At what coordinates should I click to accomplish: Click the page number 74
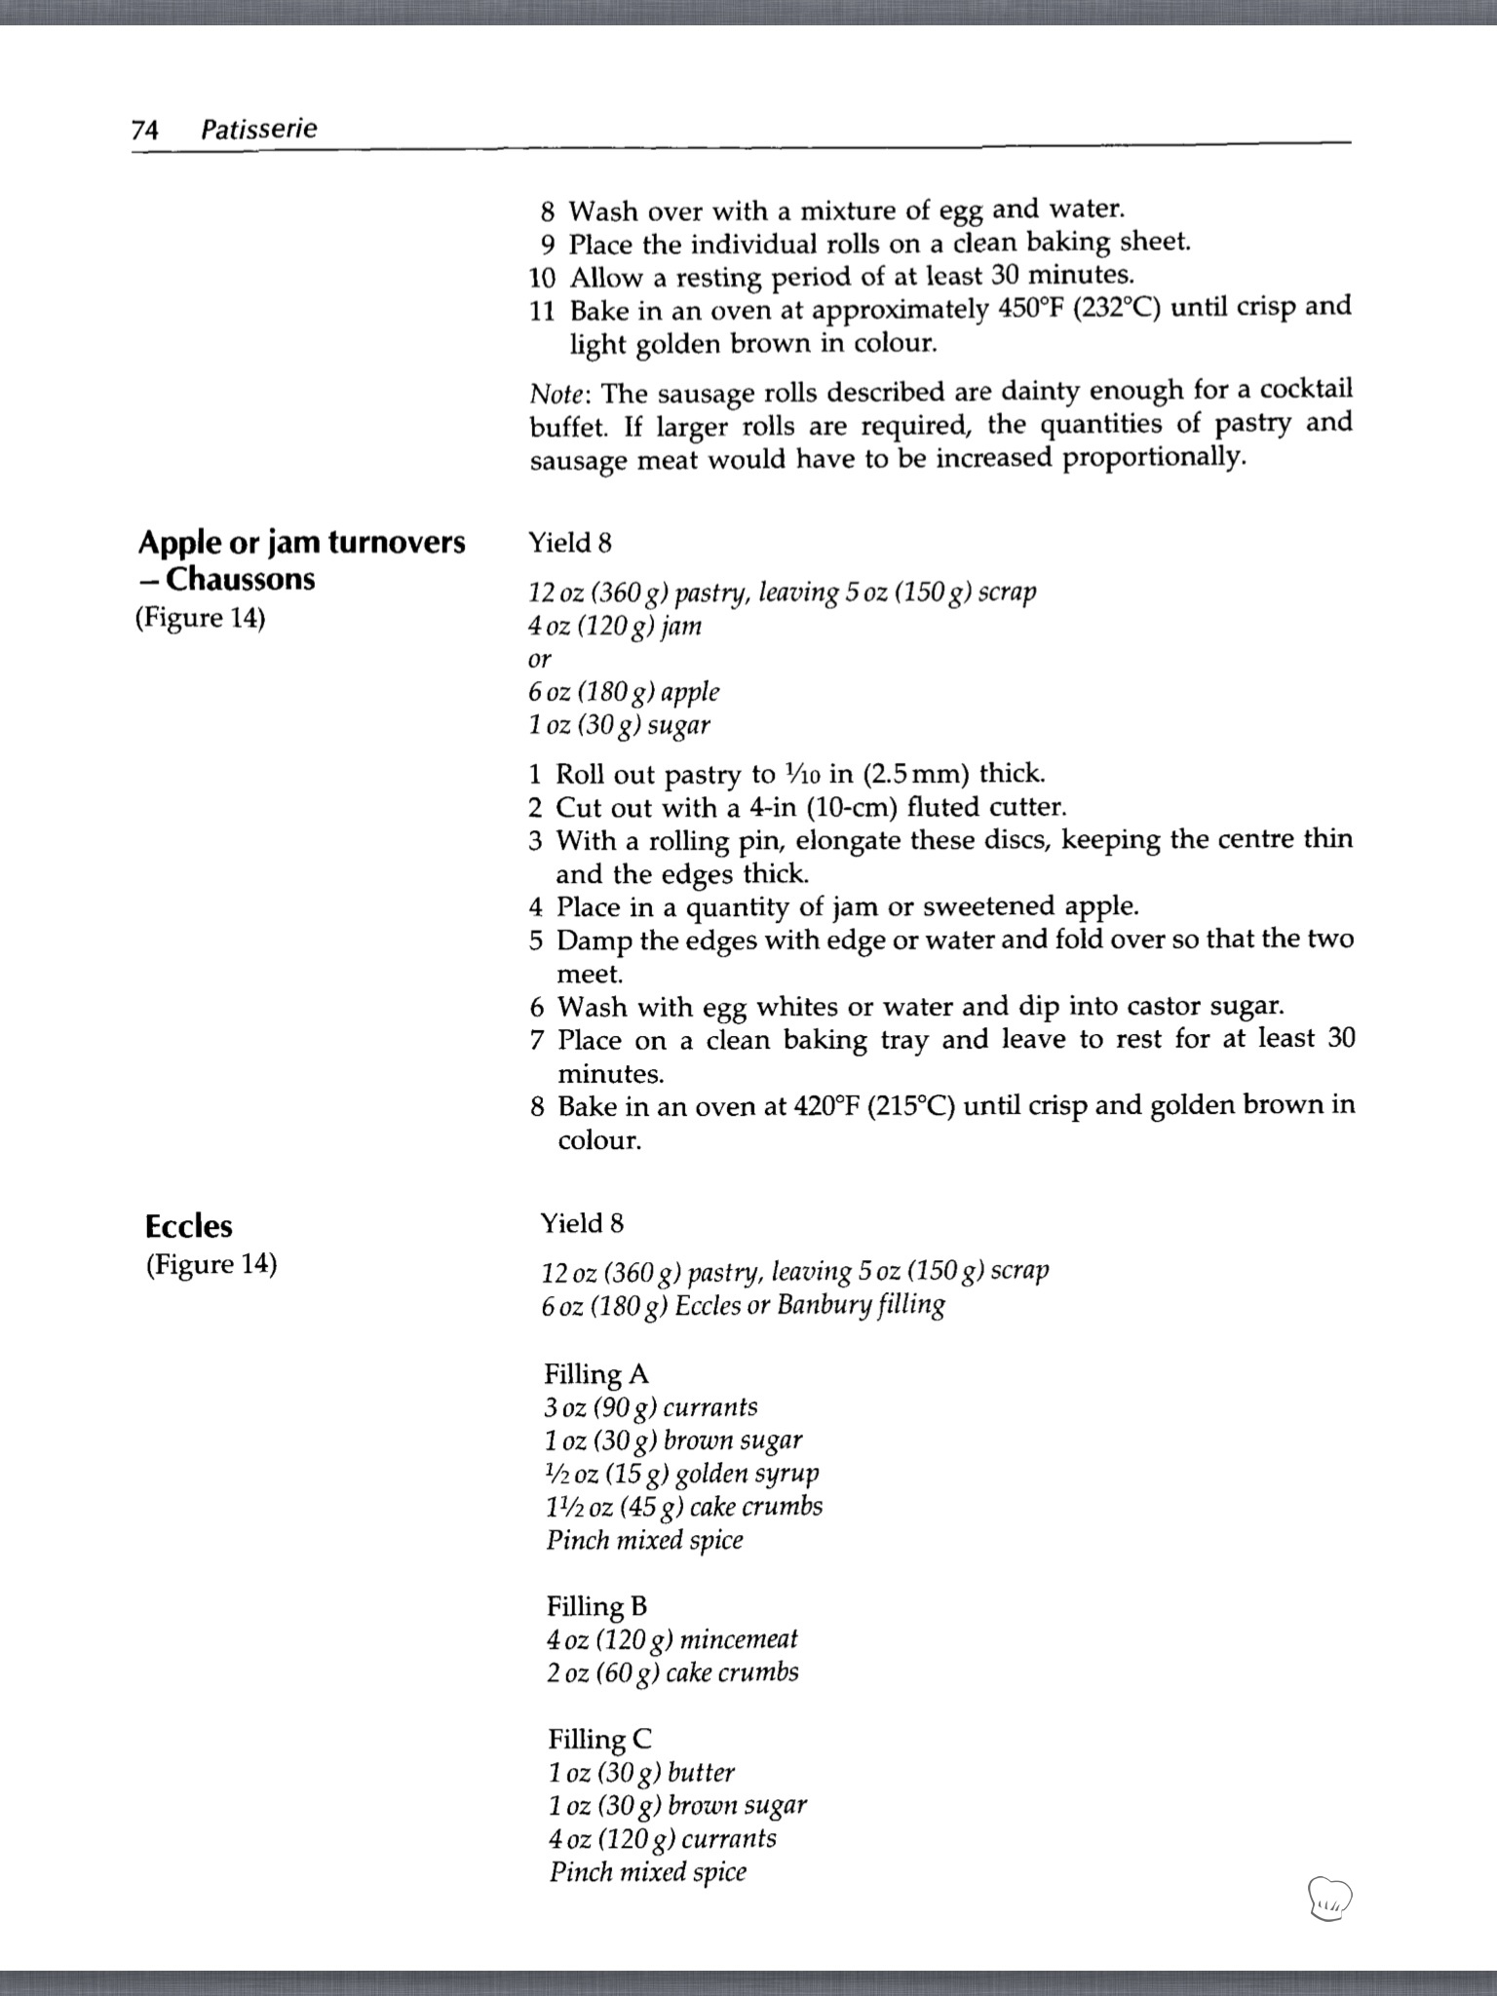pos(144,129)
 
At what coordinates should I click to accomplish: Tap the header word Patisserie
pos(258,129)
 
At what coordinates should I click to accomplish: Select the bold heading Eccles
pos(189,1225)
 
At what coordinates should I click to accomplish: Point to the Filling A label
pos(595,1374)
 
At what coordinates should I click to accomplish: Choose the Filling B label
pos(596,1606)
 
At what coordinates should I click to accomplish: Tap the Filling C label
pos(599,1739)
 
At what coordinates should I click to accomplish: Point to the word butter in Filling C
pos(701,1773)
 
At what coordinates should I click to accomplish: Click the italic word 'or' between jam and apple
pos(539,660)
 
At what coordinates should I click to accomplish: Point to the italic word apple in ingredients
pos(690,692)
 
